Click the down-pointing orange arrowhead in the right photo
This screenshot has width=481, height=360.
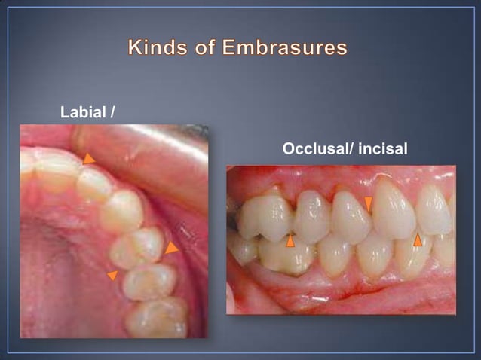tap(369, 203)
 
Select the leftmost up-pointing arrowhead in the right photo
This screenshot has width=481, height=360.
tap(290, 240)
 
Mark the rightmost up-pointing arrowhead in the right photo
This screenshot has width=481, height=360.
tap(418, 239)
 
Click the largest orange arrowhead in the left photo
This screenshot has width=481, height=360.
tap(172, 247)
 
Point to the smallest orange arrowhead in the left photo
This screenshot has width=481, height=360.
tap(113, 276)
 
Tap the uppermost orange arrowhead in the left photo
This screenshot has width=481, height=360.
tap(89, 159)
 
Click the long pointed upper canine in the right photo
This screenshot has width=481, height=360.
tap(394, 209)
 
